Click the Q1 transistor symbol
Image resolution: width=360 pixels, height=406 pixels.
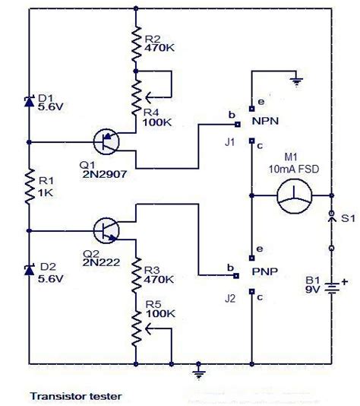(x=106, y=142)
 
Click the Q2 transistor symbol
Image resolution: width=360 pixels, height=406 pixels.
(x=106, y=230)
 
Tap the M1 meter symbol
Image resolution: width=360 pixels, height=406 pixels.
(x=295, y=196)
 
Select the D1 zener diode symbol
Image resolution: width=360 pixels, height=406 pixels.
(x=29, y=101)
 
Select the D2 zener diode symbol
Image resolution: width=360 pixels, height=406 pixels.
(x=29, y=270)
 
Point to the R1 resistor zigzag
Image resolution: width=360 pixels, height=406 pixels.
(x=30, y=186)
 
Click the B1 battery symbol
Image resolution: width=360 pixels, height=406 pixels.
(x=332, y=288)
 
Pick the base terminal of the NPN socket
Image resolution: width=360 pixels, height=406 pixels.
(x=238, y=125)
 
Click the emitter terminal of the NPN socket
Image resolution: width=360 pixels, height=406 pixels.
(x=251, y=109)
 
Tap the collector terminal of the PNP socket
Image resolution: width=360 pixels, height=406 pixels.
(x=251, y=291)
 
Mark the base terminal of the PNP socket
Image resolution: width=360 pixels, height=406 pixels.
(x=236, y=275)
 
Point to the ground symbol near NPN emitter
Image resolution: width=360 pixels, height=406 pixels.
(x=296, y=82)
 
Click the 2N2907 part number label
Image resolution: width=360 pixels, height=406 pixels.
(x=105, y=174)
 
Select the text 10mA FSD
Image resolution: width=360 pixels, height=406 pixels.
(x=294, y=170)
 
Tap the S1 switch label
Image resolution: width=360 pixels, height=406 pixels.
(x=348, y=218)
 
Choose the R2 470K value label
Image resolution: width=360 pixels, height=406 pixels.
(x=159, y=48)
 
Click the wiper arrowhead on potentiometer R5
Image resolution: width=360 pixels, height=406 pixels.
(x=148, y=328)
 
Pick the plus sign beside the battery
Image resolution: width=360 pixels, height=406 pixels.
(x=345, y=282)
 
